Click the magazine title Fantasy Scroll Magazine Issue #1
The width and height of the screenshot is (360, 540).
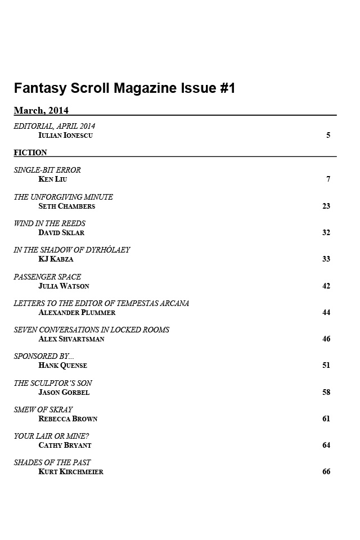(x=124, y=88)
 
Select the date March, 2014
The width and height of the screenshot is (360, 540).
(x=41, y=110)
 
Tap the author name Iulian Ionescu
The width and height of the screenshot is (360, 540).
(x=65, y=136)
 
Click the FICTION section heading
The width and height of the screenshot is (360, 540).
(x=30, y=152)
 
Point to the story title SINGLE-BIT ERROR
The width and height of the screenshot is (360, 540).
(x=47, y=170)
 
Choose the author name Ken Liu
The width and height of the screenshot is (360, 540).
(x=52, y=179)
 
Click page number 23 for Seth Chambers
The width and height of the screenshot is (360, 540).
(x=326, y=206)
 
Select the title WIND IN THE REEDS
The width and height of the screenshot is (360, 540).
(x=49, y=223)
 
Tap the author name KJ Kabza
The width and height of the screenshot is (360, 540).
(x=56, y=259)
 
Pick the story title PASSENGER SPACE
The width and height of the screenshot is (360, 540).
(x=47, y=277)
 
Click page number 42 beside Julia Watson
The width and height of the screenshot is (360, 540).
(x=326, y=286)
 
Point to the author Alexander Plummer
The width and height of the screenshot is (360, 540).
(x=76, y=312)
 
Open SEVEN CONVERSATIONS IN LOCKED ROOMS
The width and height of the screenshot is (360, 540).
(x=92, y=330)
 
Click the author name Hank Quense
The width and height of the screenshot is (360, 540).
(x=62, y=366)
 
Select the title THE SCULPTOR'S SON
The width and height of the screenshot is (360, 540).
(x=53, y=383)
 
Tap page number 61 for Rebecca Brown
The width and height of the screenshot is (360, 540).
(x=326, y=418)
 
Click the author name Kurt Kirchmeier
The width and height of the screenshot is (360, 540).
(x=71, y=472)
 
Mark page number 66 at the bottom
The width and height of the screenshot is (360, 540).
(x=326, y=471)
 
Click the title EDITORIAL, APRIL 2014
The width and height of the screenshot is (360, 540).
(x=55, y=126)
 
